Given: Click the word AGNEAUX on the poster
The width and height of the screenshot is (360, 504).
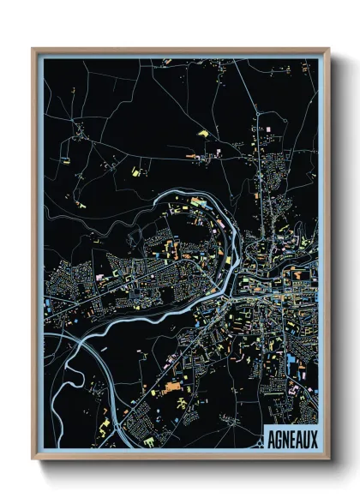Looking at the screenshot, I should click(291, 437).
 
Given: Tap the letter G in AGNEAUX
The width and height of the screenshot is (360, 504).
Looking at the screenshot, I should click(279, 437).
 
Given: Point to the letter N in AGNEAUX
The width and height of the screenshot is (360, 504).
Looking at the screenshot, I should click(285, 437).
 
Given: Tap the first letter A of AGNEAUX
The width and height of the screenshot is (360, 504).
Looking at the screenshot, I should click(272, 437).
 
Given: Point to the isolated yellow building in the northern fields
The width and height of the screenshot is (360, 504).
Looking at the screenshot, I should click(204, 134).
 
